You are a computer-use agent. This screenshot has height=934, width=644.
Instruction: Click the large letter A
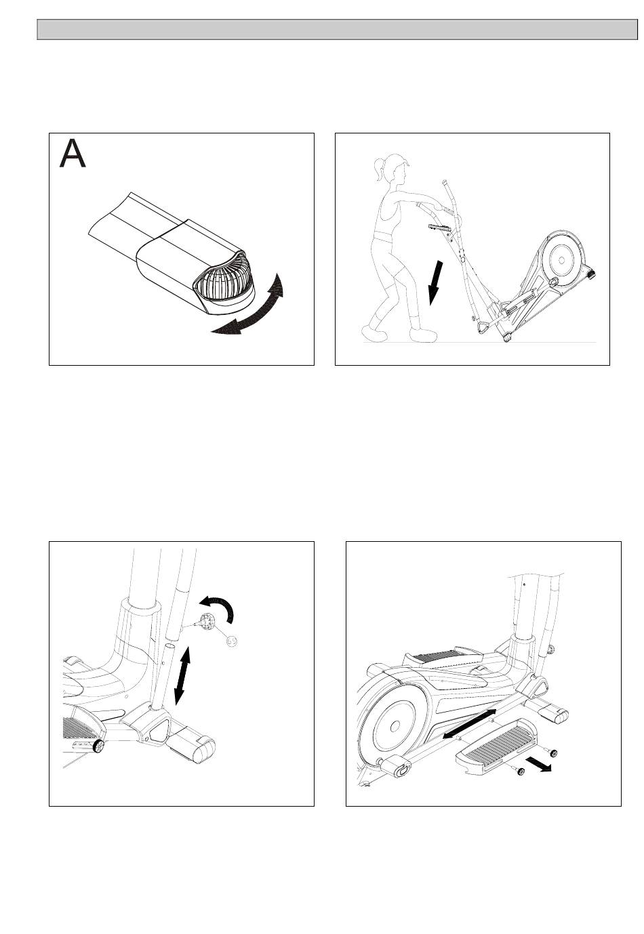73,154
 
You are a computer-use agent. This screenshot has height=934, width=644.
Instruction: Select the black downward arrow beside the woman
435,282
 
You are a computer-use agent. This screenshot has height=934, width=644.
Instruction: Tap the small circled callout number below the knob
232,641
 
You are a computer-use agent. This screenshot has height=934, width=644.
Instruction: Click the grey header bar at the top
337,29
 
